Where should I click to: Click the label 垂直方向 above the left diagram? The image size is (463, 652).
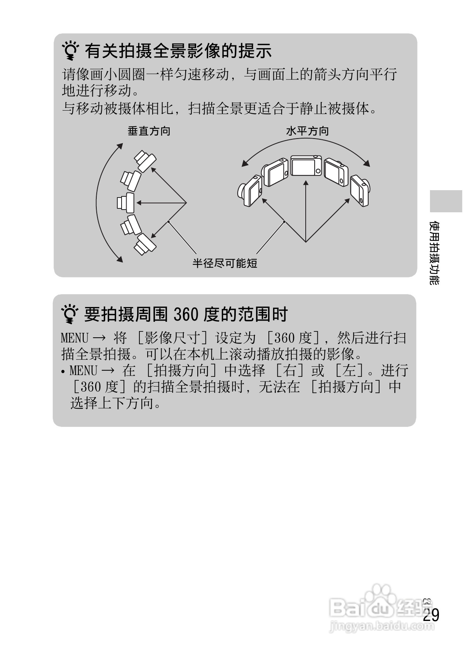click(149, 131)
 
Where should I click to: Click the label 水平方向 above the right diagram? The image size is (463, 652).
click(307, 131)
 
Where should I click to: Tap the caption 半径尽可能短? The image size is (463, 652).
click(225, 264)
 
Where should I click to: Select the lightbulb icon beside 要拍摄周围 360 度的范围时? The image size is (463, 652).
click(70, 315)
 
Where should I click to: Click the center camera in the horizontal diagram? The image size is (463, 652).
click(306, 166)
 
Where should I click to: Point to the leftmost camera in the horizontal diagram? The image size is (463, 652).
click(250, 191)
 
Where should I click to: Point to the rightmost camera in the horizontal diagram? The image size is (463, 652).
click(361, 191)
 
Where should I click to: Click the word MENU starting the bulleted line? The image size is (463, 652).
click(83, 371)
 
